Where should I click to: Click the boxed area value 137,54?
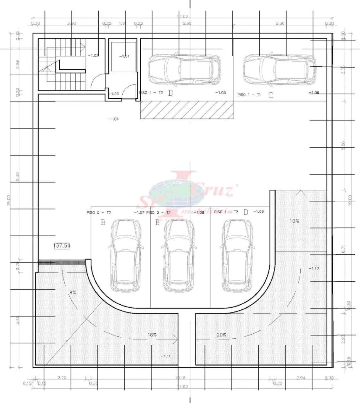[62, 246]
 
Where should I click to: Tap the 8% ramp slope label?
[73, 293]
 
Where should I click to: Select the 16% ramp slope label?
[152, 335]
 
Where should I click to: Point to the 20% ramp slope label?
[221, 335]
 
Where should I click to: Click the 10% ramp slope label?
[294, 221]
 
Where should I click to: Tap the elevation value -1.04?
[113, 119]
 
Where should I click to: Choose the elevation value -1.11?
[166, 356]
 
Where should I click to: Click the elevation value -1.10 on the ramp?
[314, 268]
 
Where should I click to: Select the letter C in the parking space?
[271, 95]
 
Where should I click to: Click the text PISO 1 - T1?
[249, 95]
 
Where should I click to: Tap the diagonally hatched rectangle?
[187, 110]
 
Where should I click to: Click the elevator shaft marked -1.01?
[124, 56]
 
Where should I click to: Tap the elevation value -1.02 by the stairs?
[93, 56]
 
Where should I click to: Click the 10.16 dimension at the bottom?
[180, 378]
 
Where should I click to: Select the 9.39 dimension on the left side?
[17, 176]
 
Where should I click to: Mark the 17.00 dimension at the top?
[182, 17]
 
